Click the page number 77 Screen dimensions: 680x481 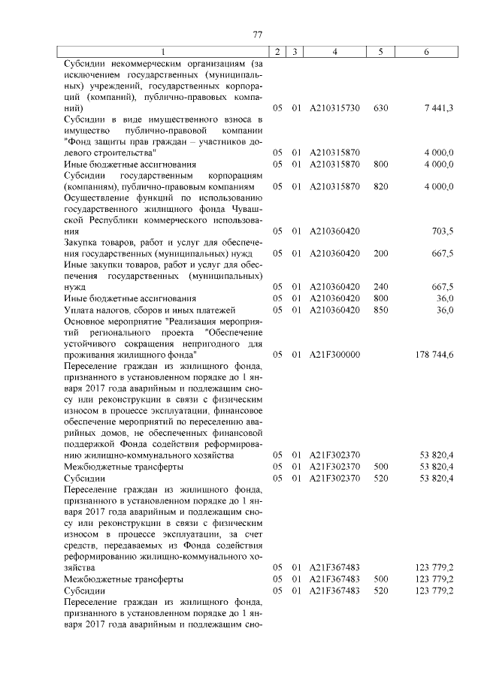(256, 35)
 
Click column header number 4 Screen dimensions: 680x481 (334, 52)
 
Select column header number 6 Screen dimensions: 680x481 (426, 52)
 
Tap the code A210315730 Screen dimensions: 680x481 (334, 108)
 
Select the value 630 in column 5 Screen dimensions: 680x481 (380, 108)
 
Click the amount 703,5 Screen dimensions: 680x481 (441, 231)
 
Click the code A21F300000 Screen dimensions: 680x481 (334, 354)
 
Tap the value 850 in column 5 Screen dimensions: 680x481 (380, 310)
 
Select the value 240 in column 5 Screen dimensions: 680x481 (380, 287)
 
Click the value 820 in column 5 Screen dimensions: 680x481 (380, 186)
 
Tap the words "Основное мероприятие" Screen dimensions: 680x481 (113, 321)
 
